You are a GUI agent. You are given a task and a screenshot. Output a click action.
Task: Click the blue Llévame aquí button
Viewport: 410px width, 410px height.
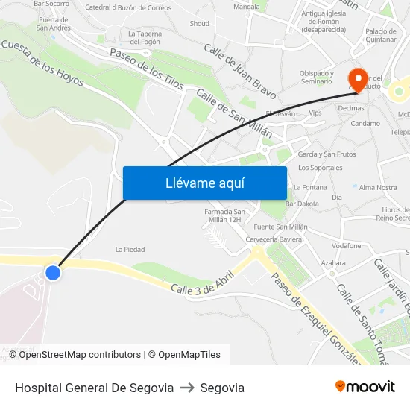tap(204, 183)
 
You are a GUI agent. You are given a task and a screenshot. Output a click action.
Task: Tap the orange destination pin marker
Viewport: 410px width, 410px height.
tap(358, 80)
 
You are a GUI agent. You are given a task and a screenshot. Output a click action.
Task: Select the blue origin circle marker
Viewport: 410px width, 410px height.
tap(52, 273)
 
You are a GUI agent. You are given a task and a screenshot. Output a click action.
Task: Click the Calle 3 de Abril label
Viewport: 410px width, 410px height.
tap(202, 282)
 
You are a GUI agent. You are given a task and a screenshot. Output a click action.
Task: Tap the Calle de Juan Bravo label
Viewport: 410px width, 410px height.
tap(239, 72)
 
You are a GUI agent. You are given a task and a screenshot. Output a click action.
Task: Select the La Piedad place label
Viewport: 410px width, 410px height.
tap(130, 250)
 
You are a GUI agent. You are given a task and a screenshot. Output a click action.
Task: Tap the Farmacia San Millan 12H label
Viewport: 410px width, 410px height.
tap(224, 215)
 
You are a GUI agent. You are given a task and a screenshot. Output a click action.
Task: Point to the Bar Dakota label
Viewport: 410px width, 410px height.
tap(303, 204)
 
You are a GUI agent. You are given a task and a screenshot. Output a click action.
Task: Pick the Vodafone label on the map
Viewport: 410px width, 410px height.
tap(346, 246)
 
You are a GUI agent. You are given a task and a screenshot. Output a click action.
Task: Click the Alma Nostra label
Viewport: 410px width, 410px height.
tap(378, 188)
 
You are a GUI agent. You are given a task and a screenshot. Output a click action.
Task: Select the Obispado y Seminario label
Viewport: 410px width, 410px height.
tap(316, 78)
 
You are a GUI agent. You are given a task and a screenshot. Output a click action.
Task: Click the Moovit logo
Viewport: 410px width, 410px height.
tap(365, 387)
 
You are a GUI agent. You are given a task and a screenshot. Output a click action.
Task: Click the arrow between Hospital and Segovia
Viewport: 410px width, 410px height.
tap(187, 388)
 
